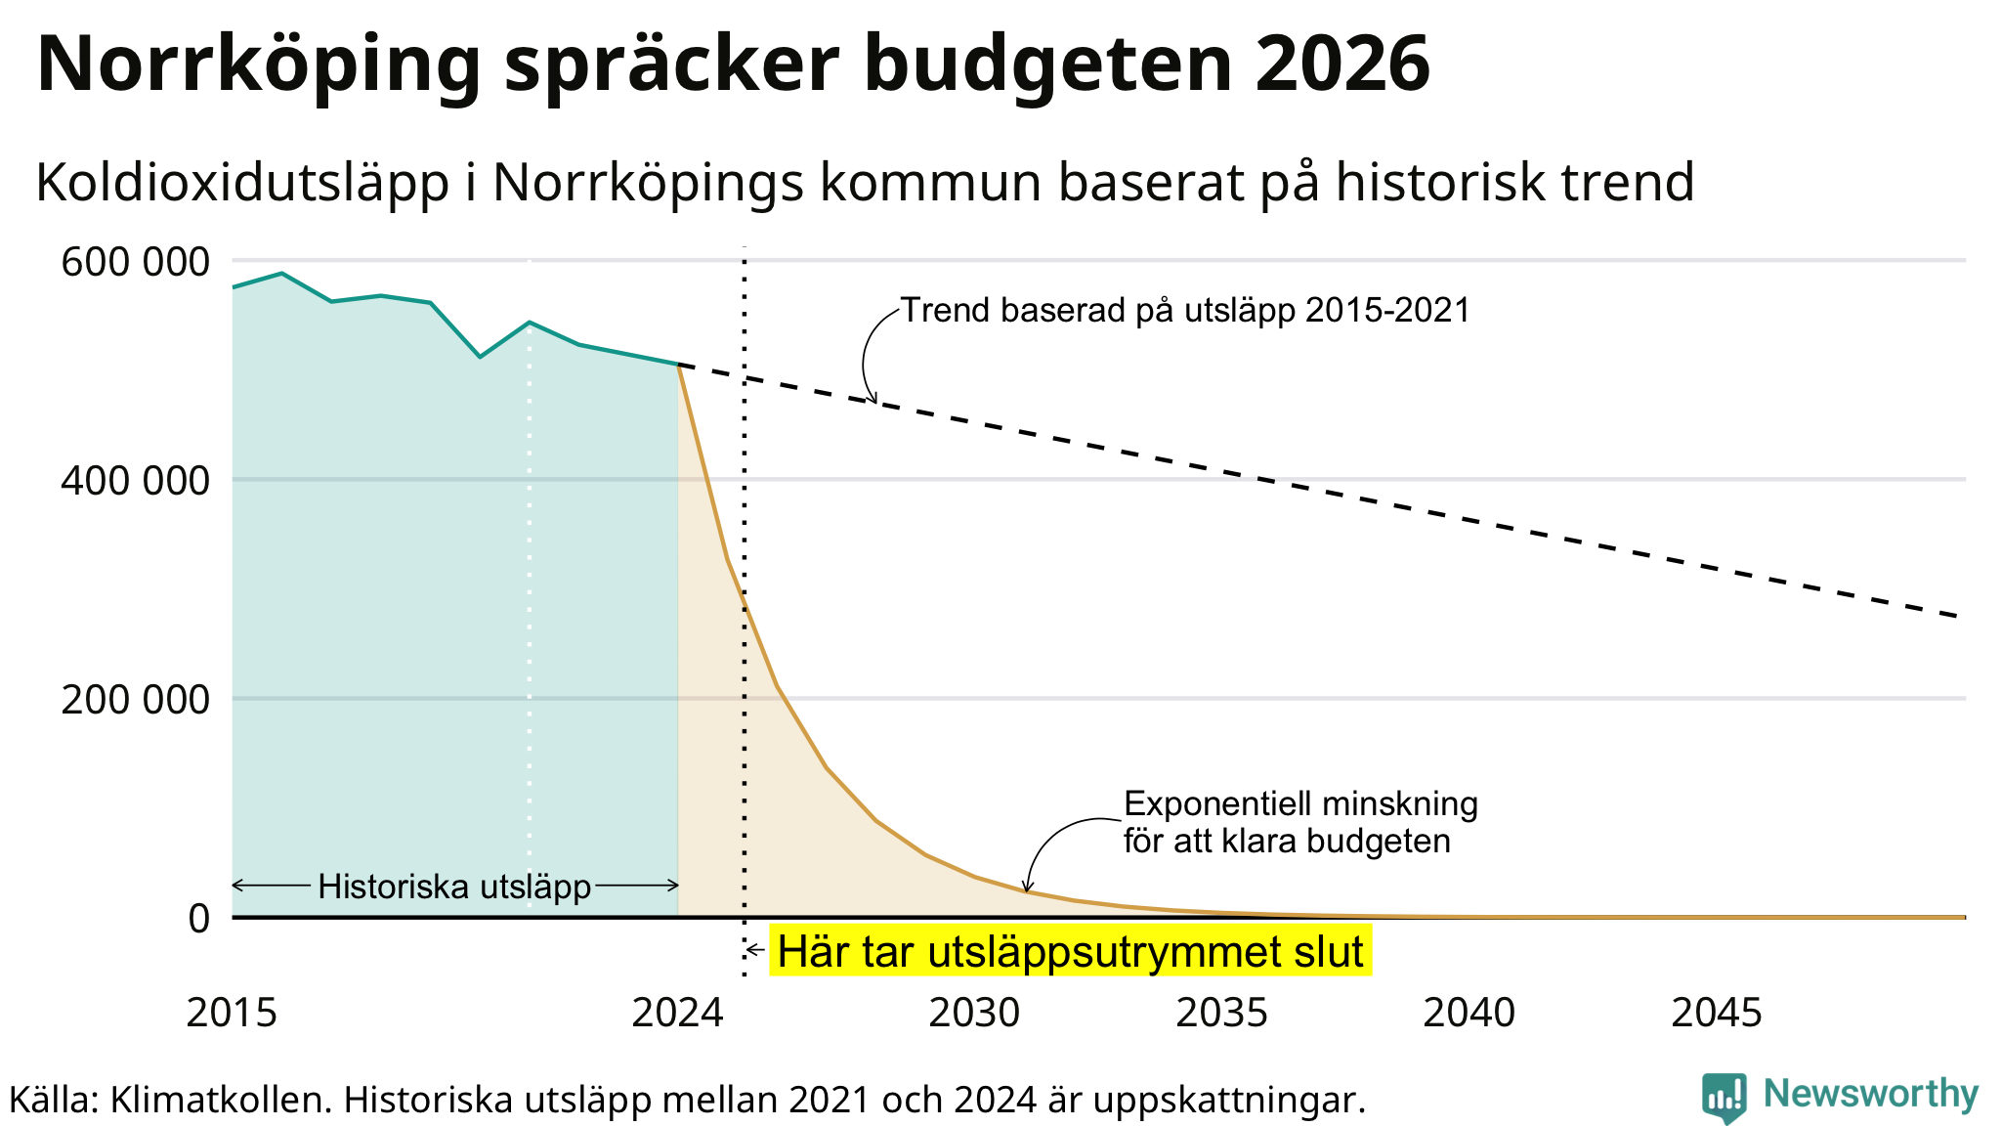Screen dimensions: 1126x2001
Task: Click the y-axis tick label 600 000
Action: pyautogui.click(x=135, y=262)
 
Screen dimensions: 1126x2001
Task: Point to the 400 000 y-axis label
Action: pyautogui.click(x=135, y=481)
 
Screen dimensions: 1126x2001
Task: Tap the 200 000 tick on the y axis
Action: pyautogui.click(x=135, y=700)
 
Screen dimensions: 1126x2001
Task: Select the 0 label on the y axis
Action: pyautogui.click(x=198, y=919)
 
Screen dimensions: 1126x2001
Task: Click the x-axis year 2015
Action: pyautogui.click(x=232, y=1013)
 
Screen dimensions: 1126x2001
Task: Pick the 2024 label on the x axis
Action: pyautogui.click(x=677, y=1013)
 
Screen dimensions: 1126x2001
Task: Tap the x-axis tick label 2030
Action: pyautogui.click(x=974, y=1013)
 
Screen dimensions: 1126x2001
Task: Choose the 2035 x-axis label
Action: pyautogui.click(x=1221, y=1013)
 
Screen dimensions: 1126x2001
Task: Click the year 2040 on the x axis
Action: pyautogui.click(x=1469, y=1013)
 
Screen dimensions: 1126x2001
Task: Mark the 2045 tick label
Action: pyautogui.click(x=1717, y=1013)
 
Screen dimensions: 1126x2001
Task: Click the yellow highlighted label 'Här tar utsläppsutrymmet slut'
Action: pyautogui.click(x=1070, y=951)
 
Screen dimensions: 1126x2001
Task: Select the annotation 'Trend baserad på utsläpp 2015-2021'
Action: pyautogui.click(x=1184, y=310)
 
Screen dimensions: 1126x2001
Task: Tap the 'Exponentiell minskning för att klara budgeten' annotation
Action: pyautogui.click(x=1299, y=822)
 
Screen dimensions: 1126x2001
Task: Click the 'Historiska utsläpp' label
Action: pyautogui.click(x=454, y=887)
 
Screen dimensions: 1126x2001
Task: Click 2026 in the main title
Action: pyautogui.click(x=1341, y=65)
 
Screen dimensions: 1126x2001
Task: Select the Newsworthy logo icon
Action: pyautogui.click(x=1724, y=1097)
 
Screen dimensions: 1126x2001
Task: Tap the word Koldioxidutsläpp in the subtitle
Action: pyautogui.click(x=242, y=183)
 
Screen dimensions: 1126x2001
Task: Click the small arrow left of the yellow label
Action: pyautogui.click(x=755, y=950)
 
